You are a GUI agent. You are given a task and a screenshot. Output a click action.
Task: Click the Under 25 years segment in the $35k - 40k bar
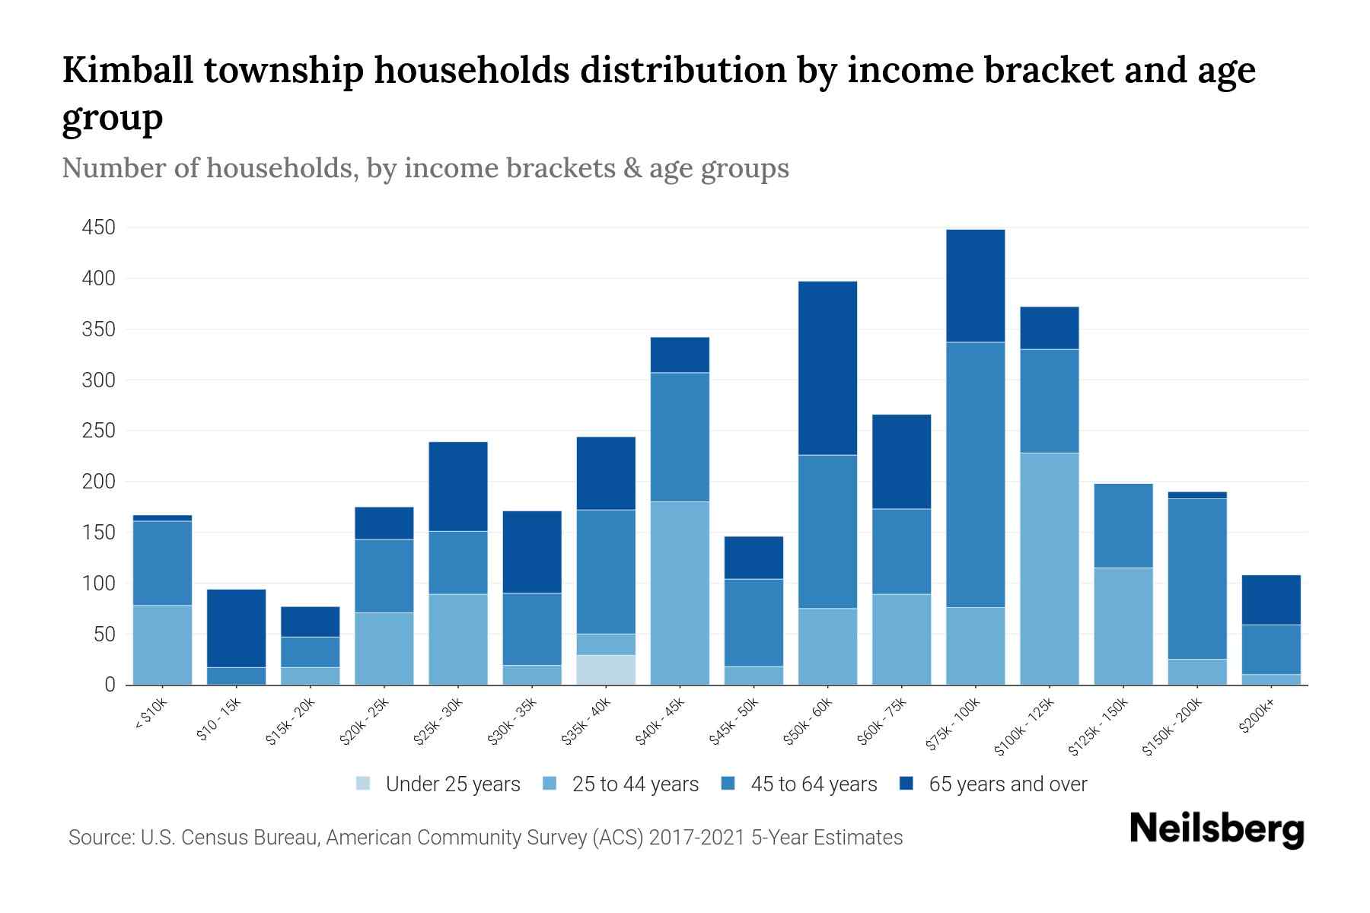tap(607, 670)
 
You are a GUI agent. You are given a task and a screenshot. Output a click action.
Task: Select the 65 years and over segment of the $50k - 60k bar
tap(827, 368)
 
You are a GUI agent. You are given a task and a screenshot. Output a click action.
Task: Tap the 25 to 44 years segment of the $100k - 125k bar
tap(1050, 568)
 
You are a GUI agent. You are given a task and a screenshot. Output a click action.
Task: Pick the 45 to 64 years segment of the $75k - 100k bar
tap(975, 475)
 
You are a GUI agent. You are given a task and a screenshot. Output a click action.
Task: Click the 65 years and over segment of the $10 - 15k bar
tap(236, 628)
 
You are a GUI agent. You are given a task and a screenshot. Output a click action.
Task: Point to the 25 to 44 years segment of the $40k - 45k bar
tap(680, 593)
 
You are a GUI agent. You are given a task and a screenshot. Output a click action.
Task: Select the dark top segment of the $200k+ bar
tap(1271, 600)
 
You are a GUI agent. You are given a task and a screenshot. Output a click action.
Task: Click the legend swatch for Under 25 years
tap(364, 783)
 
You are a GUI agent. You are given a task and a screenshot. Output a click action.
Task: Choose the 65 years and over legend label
tap(1008, 784)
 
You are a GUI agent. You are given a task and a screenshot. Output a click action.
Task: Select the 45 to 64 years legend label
tap(814, 784)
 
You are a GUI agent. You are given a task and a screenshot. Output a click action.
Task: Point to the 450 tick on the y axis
tap(98, 227)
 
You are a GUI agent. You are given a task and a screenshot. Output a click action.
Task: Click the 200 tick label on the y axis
tap(98, 482)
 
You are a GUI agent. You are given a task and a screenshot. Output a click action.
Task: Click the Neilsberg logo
tap(1216, 829)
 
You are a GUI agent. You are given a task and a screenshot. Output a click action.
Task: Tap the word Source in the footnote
tap(100, 838)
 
